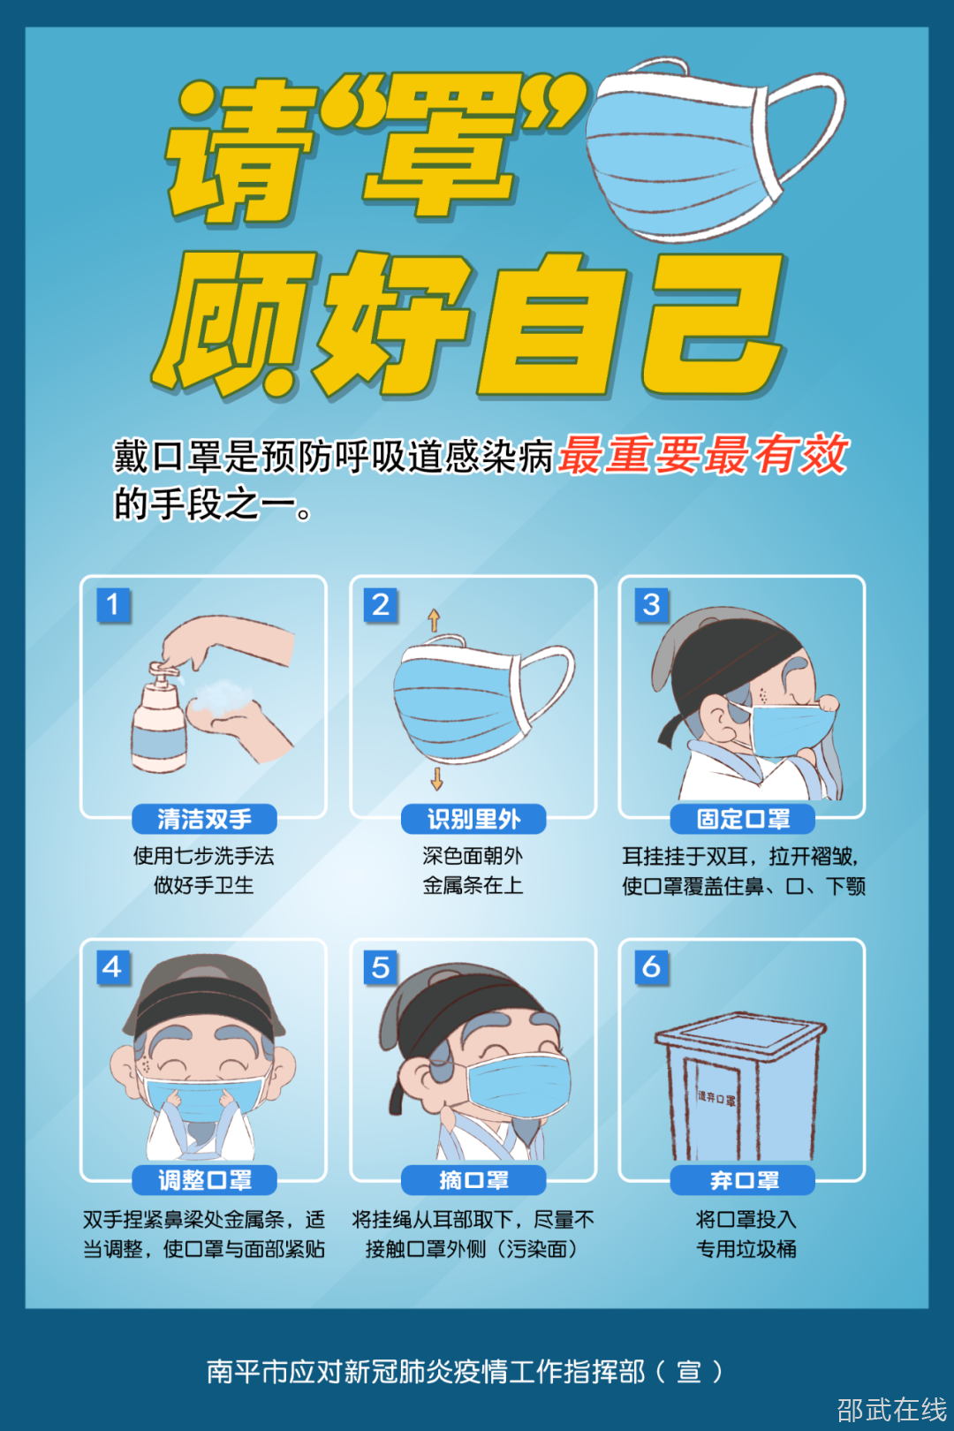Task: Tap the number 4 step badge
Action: click(113, 967)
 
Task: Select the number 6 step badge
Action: click(651, 967)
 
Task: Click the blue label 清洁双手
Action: click(204, 819)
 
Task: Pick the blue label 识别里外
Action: click(473, 819)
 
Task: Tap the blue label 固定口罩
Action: click(743, 819)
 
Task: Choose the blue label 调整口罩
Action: click(204, 1180)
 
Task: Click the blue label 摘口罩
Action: click(473, 1180)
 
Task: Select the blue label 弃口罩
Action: click(743, 1180)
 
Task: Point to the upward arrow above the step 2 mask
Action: click(434, 620)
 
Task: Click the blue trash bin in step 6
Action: click(740, 1086)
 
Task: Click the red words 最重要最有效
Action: click(703, 455)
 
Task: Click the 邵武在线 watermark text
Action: click(892, 1410)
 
